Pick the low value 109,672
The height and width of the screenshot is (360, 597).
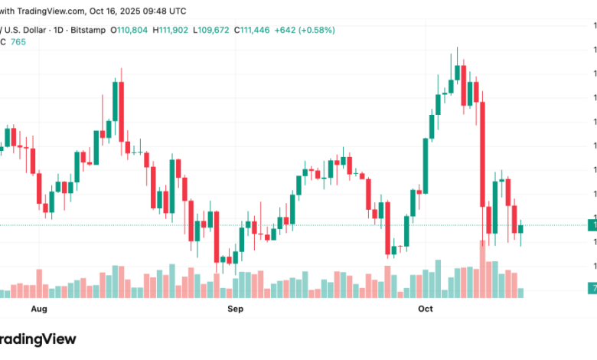tap(212, 30)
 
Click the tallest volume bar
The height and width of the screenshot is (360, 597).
tap(482, 269)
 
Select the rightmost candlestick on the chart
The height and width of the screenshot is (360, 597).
tap(520, 228)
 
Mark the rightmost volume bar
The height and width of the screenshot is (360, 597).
tap(520, 293)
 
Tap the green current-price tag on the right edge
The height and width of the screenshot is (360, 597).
tap(592, 224)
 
